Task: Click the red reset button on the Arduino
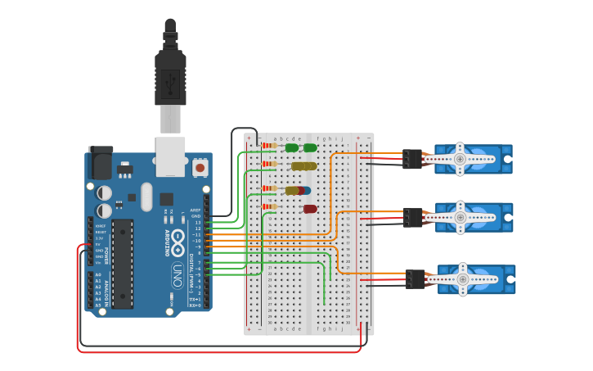tap(200, 168)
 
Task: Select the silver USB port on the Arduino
tap(170, 156)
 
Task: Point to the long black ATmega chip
tap(122, 264)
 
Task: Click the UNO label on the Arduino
tap(177, 275)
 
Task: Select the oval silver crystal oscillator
tap(146, 197)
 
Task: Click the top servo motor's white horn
tap(460, 158)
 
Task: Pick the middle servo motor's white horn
tap(460, 217)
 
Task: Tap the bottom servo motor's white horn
tap(462, 279)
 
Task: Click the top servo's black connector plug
tap(412, 158)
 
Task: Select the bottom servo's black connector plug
tap(416, 279)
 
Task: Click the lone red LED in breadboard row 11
tap(310, 209)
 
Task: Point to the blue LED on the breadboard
tap(306, 190)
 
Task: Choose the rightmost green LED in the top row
tap(310, 148)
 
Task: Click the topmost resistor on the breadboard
tap(268, 146)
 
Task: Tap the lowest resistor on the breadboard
tap(268, 207)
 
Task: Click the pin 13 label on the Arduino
tap(198, 222)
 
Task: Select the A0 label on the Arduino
tap(98, 275)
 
